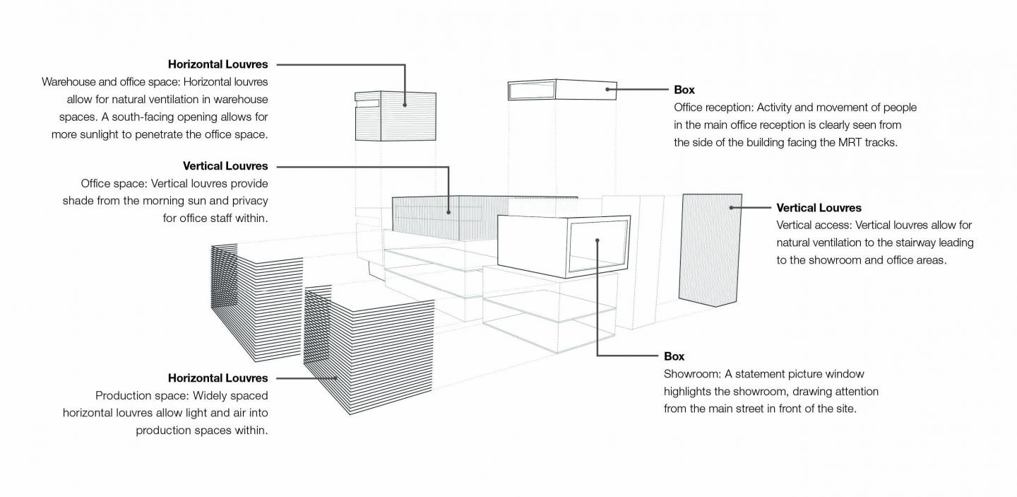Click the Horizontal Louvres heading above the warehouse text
[218, 64]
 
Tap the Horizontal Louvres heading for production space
[218, 378]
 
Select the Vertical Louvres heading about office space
[225, 166]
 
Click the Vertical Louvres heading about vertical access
[819, 208]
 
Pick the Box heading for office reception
[684, 90]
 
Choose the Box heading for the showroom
[674, 356]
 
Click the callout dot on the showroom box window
[597, 240]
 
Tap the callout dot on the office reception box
[607, 90]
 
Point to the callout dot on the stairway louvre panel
[731, 208]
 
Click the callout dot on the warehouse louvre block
[405, 105]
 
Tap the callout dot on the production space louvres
[338, 378]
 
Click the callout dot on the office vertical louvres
[448, 210]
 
